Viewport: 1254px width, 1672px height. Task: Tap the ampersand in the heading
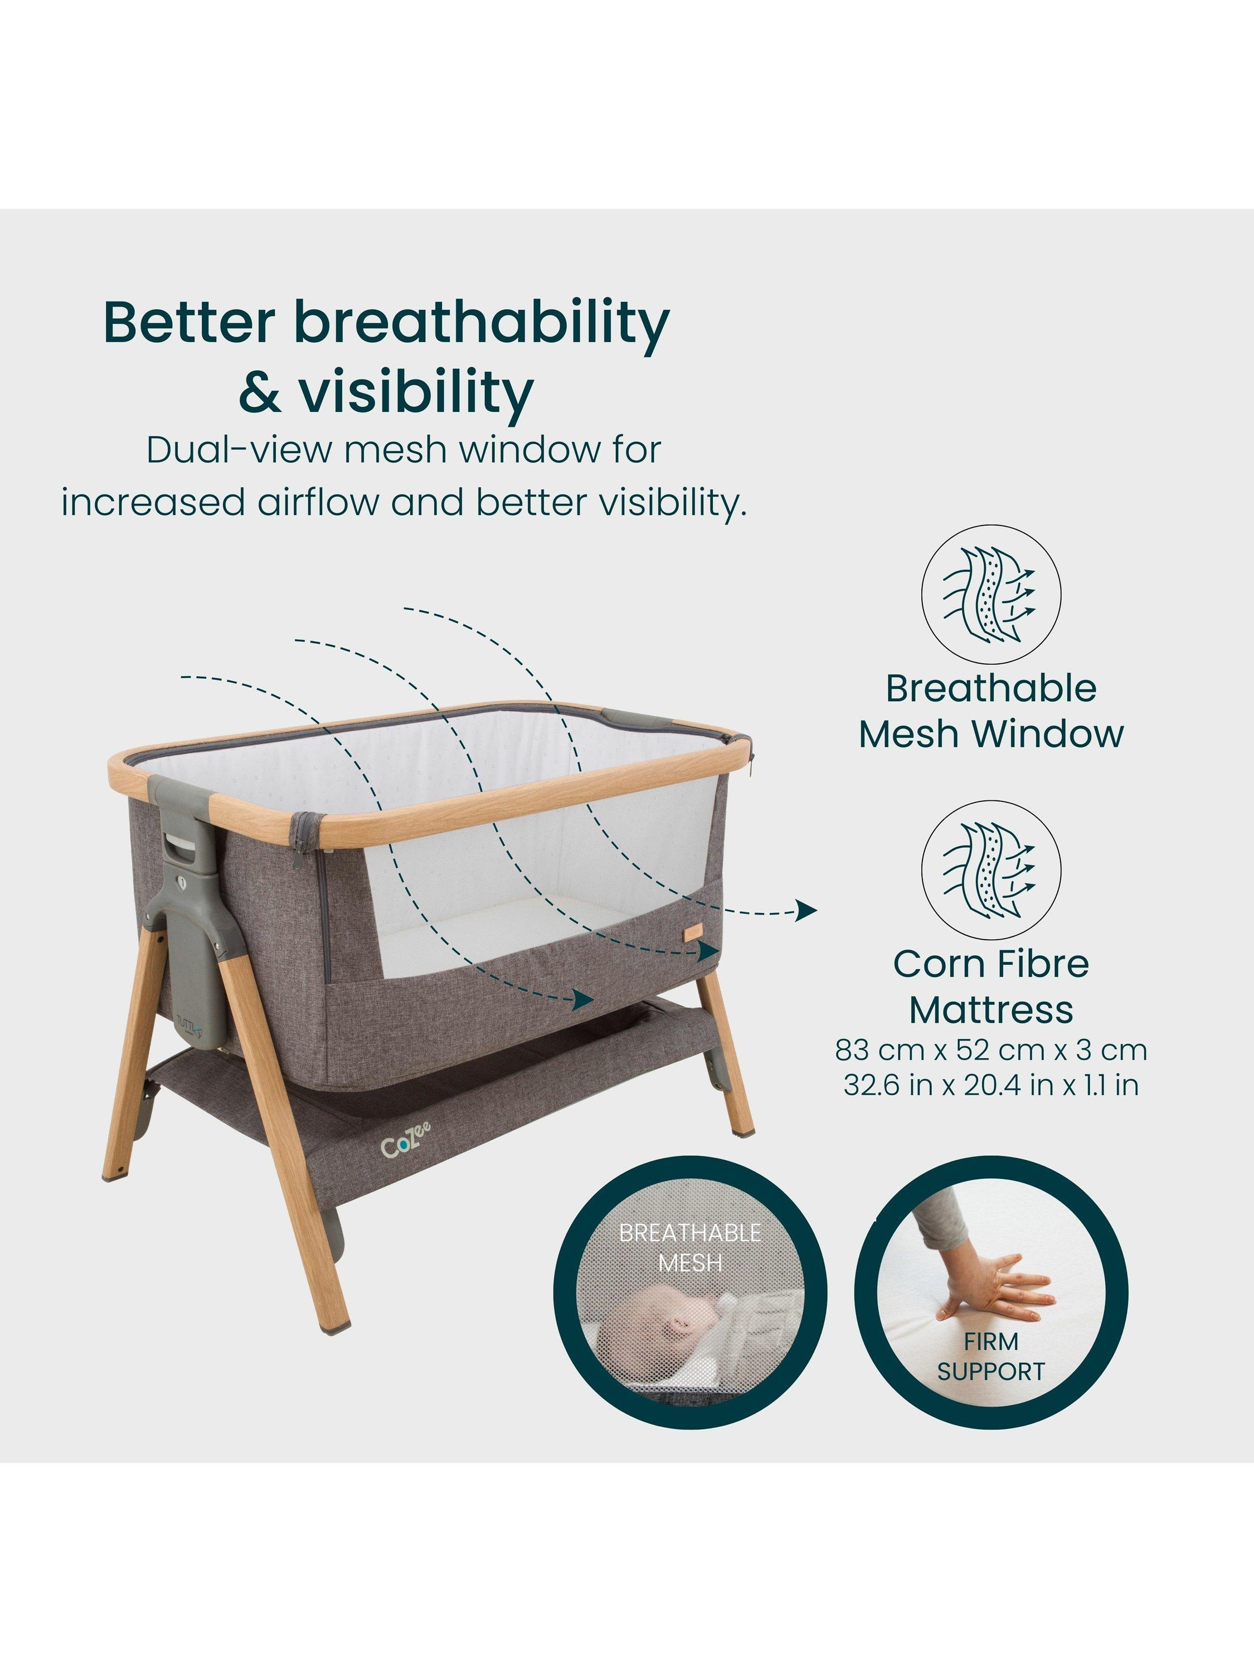pos(259,392)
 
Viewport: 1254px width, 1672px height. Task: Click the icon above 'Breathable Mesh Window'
pos(991,594)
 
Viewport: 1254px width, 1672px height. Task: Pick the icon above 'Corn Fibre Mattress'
pos(991,870)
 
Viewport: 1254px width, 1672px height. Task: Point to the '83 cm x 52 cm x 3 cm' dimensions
pos(991,1050)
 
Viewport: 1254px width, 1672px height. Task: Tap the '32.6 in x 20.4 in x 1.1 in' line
pos(991,1086)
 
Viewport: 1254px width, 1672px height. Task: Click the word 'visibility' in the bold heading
pos(416,392)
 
